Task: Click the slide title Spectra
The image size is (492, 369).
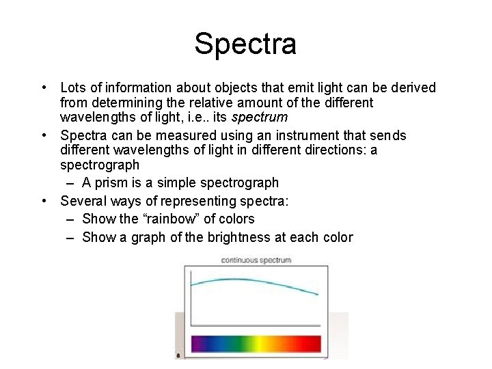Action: (245, 44)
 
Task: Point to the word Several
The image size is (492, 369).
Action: (82, 201)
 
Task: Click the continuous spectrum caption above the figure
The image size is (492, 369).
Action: (256, 260)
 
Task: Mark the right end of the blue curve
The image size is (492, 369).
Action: (317, 295)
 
